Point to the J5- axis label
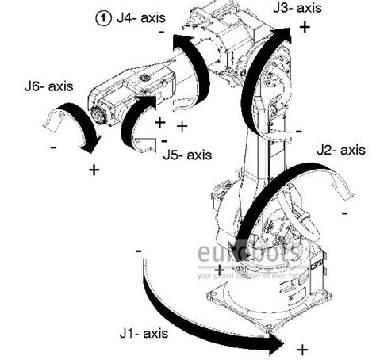pos(189,155)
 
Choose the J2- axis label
pos(341,149)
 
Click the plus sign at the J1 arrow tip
pos(301,349)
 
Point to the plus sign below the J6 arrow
pos(94,169)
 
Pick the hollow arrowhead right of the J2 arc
pos(343,184)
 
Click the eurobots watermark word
pos(247,255)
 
